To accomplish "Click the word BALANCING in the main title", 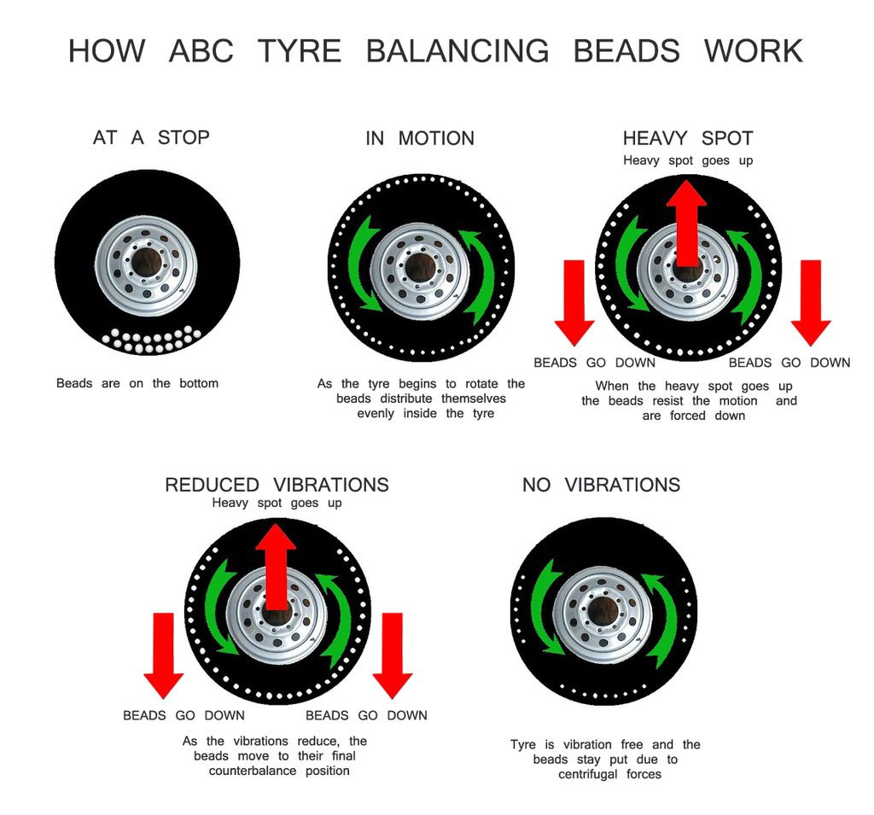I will [x=457, y=51].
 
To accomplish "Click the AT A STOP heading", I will [x=151, y=137].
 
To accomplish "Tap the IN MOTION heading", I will [x=419, y=138].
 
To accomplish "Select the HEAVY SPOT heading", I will [x=687, y=138].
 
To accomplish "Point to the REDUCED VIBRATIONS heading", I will [x=277, y=485].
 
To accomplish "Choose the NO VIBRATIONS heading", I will [x=601, y=485].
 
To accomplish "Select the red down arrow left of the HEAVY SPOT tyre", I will [x=574, y=303].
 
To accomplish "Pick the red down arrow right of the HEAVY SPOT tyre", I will [x=810, y=303].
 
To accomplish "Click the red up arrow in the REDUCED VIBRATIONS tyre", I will [x=276, y=568].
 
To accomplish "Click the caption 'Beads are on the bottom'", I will [x=137, y=383].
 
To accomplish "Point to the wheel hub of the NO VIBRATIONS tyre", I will [x=603, y=611].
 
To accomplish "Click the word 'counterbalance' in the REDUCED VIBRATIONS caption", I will [x=253, y=771].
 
